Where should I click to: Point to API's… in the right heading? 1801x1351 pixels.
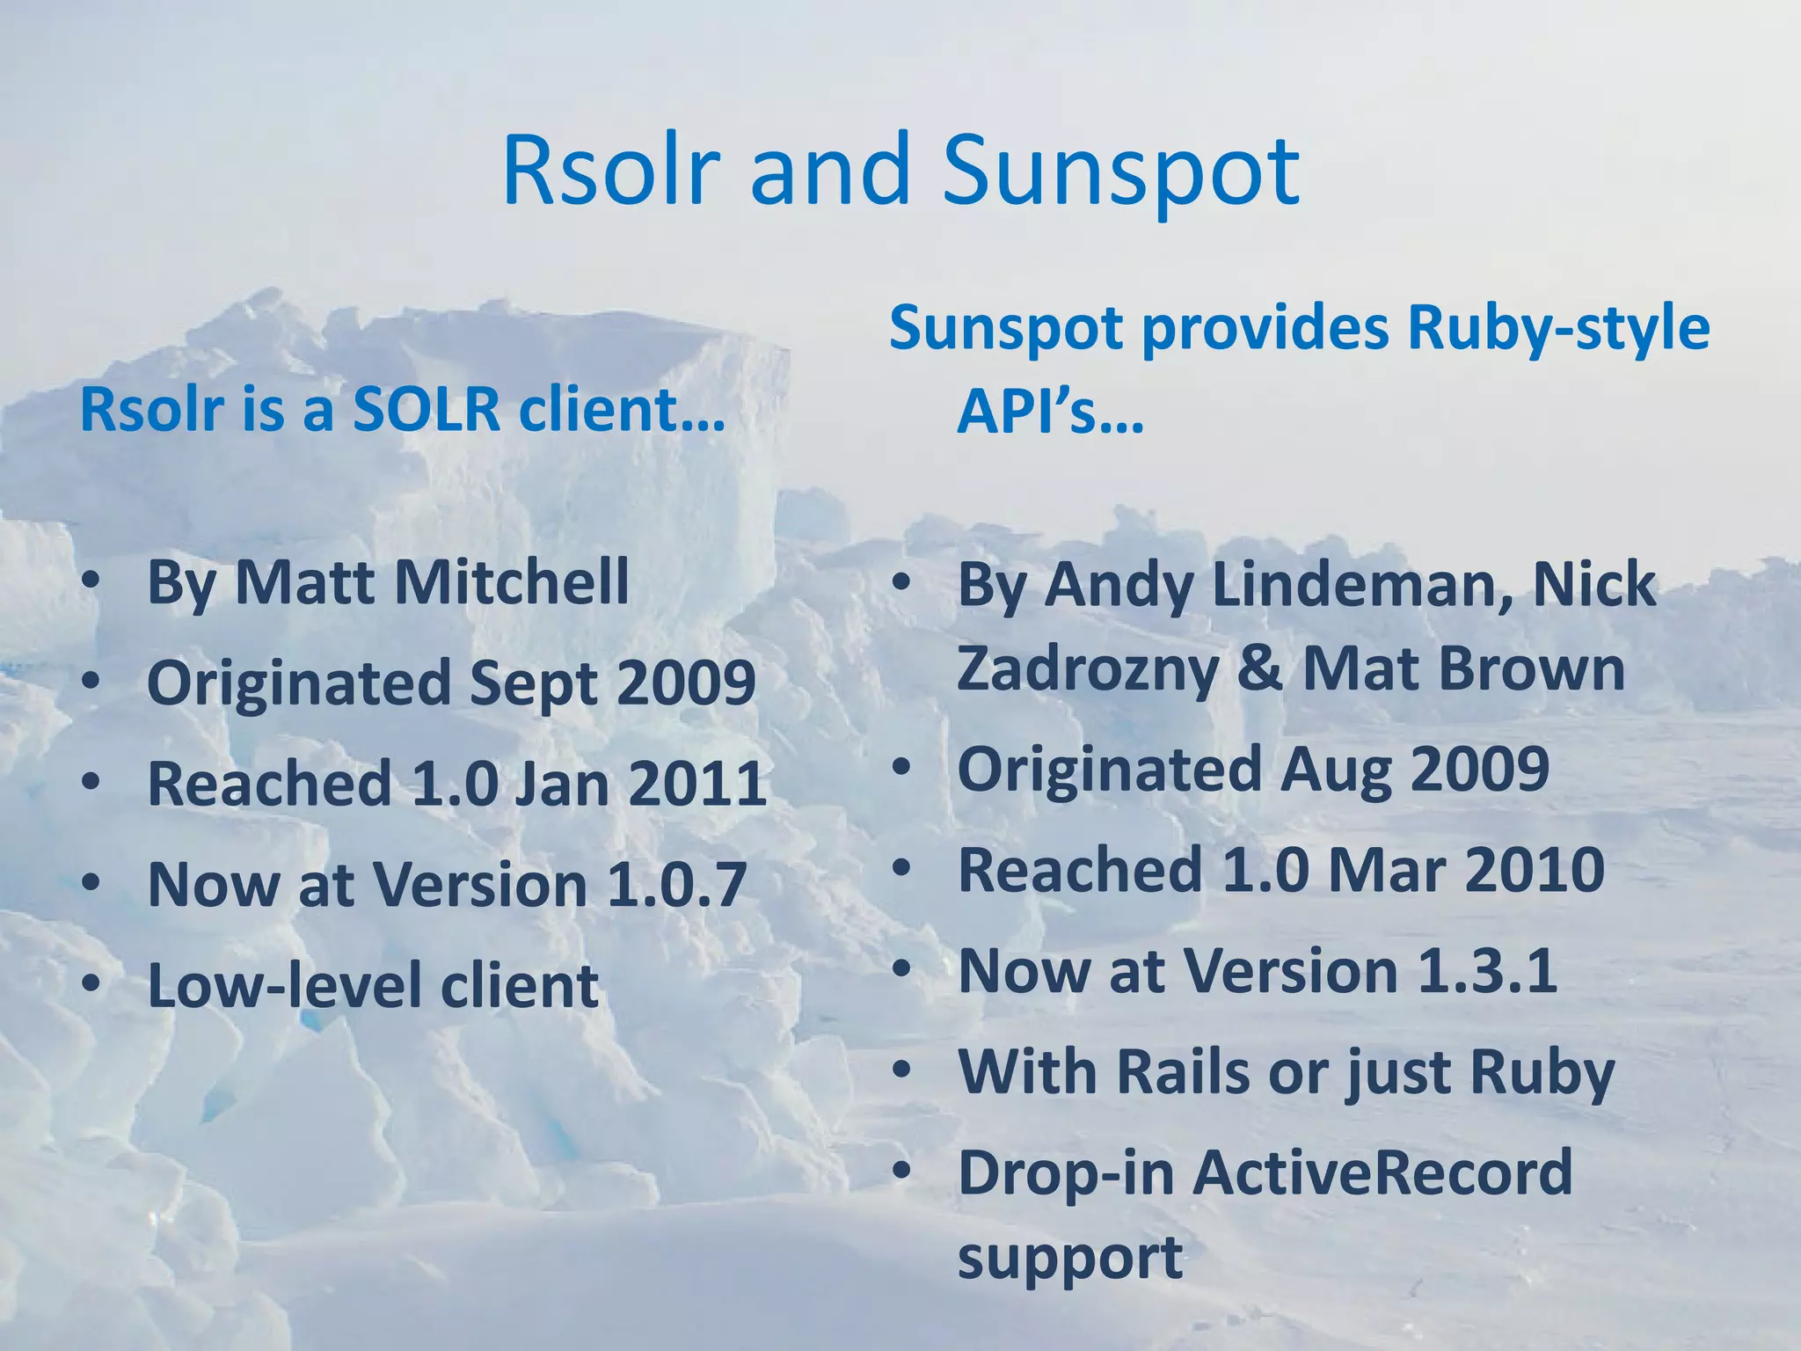[1050, 413]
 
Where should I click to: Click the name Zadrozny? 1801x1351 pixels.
[1088, 668]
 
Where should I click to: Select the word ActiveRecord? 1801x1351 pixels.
[1382, 1172]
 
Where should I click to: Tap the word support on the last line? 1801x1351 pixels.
[1069, 1257]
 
